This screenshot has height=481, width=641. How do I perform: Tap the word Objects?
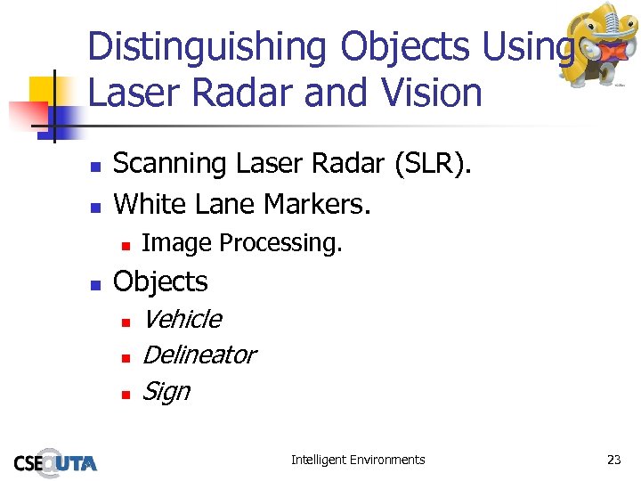(160, 281)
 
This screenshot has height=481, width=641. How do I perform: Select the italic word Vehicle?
(182, 319)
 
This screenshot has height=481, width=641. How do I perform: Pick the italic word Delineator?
(199, 355)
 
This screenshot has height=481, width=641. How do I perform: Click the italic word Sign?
(166, 391)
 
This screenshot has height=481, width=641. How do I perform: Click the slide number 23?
(613, 460)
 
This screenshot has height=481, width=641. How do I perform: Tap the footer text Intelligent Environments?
(358, 460)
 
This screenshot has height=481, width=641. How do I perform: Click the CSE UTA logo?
(55, 461)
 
